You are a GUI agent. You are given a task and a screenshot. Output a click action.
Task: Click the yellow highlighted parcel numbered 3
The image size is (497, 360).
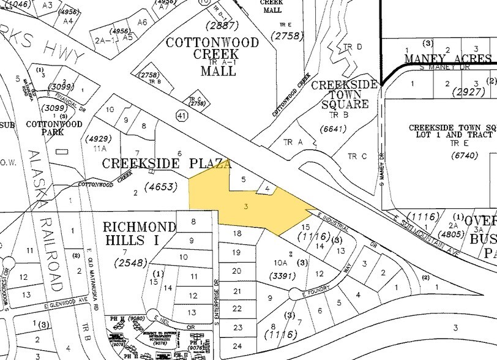click(245, 207)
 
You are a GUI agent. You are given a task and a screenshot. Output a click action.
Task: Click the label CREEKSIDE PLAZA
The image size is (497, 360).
click(166, 164)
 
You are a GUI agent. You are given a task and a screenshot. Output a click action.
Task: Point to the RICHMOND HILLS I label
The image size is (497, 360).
click(139, 233)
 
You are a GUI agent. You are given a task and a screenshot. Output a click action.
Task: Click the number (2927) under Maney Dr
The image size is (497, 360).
click(456, 92)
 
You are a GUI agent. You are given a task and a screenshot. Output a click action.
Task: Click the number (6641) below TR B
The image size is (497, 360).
click(334, 129)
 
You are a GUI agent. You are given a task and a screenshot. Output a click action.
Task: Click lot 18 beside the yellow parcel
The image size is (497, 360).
click(237, 234)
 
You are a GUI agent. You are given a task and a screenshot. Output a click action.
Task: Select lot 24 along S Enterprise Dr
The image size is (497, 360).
click(237, 346)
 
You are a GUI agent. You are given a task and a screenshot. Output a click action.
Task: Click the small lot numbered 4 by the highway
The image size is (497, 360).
click(266, 189)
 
